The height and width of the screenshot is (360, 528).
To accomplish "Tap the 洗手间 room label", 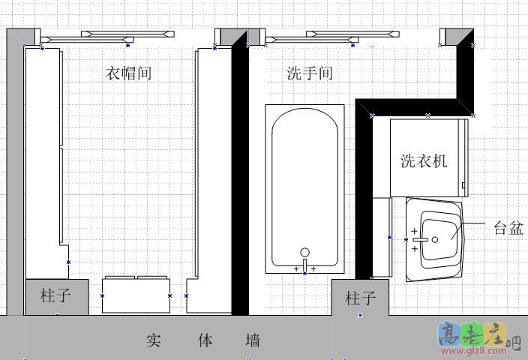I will tap(310, 73).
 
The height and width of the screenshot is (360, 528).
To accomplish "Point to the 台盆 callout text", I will tap(508, 229).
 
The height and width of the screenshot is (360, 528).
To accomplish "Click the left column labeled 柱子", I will tap(55, 296).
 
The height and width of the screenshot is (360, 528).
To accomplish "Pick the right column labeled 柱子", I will tap(360, 298).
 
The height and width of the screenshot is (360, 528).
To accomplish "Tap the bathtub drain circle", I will tap(304, 253).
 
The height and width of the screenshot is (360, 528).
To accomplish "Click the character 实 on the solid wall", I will tap(154, 340).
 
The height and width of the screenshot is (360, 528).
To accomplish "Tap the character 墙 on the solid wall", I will tap(253, 340).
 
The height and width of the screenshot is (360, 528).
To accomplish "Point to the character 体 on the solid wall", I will tap(204, 340).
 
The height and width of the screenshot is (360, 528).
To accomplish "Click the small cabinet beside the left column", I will tap(136, 293).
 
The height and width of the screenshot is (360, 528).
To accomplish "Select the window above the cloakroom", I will tap(106, 35).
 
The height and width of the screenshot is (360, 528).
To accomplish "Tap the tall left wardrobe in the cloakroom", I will tap(42, 150).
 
